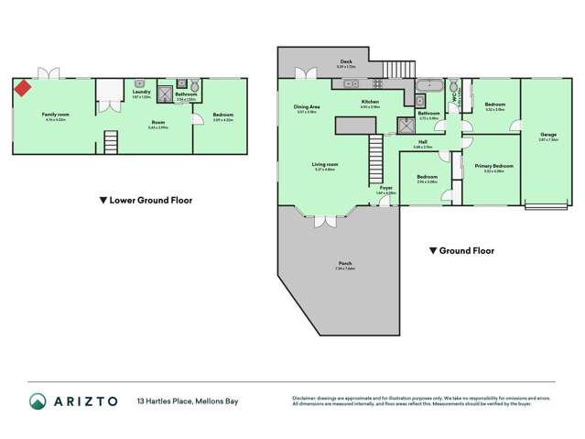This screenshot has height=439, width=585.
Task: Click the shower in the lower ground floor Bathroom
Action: [x=165, y=93]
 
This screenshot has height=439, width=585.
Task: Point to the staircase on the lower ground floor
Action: [x=111, y=142]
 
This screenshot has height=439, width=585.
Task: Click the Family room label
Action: [x=55, y=115]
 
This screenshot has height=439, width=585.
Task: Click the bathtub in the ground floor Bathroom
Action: [x=428, y=87]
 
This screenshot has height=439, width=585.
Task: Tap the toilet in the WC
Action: [x=454, y=89]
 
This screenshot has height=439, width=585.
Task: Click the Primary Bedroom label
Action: [x=493, y=166]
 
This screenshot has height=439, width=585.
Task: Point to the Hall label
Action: [x=423, y=142]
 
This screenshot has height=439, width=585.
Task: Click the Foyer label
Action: [x=385, y=189]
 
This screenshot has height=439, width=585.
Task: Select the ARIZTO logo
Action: [x=69, y=401]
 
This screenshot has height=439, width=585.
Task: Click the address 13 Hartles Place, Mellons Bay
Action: [x=185, y=401]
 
